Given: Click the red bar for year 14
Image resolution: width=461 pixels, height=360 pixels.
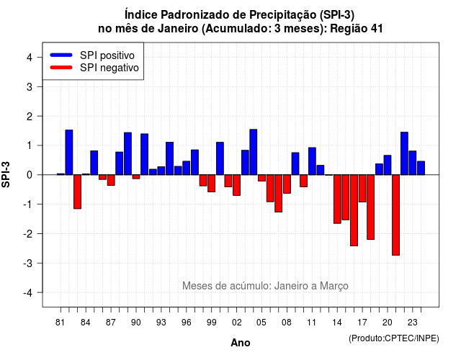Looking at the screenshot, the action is [337, 199].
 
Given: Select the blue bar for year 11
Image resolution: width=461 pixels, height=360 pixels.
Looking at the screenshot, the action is [312, 161].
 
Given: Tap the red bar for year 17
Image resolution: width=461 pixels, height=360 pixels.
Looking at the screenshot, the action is [362, 189].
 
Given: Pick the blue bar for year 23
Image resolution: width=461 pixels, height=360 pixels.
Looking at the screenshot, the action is [413, 163].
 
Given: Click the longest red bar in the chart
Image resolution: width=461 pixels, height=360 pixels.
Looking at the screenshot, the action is [395, 215].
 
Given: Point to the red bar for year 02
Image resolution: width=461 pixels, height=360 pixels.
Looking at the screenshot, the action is [237, 185].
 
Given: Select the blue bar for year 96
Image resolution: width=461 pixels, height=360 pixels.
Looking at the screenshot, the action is [187, 168].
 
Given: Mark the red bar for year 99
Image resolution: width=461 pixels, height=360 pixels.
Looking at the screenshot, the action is [211, 184].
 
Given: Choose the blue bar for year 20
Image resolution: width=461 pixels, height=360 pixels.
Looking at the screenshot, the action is [388, 165].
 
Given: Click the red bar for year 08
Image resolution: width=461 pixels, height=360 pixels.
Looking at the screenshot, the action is [287, 184].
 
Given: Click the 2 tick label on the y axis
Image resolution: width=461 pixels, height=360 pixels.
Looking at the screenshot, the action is [30, 117].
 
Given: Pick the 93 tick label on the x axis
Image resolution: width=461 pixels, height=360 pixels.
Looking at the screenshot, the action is [161, 323].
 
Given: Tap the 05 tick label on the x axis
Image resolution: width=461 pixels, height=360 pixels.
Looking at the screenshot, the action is [261, 323].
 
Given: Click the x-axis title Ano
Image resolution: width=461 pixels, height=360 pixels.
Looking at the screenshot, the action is [241, 343].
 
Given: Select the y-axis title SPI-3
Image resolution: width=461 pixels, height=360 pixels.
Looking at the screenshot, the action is [6, 174].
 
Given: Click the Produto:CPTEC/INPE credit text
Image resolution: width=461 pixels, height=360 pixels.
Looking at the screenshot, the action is [394, 338].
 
